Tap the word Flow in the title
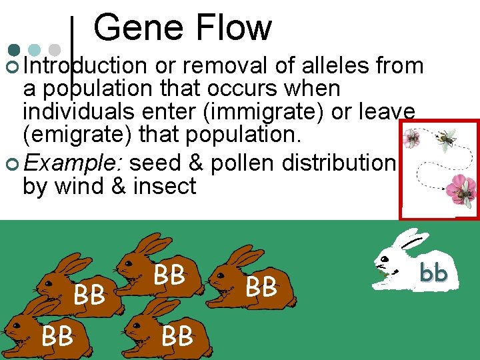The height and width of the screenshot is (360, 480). [229, 28]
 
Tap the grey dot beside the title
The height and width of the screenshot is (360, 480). [55, 50]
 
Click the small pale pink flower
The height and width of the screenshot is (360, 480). [413, 138]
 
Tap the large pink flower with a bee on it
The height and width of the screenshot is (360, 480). [459, 189]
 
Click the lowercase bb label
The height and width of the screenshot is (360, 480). [433, 273]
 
